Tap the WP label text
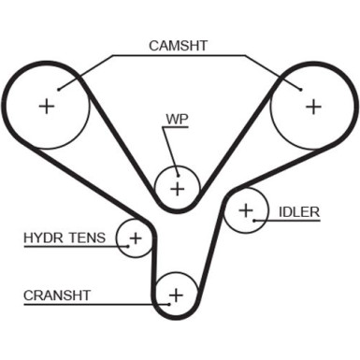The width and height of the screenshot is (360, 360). [178, 120]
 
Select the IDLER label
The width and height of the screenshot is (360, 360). [298, 211]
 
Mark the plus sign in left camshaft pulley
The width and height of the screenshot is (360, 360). [47, 106]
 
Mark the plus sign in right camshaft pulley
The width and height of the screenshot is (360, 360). [312, 106]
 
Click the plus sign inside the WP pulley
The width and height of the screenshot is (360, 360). [177, 188]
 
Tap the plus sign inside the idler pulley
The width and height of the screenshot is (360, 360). [245, 210]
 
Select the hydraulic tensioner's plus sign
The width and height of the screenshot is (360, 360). [135, 238]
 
